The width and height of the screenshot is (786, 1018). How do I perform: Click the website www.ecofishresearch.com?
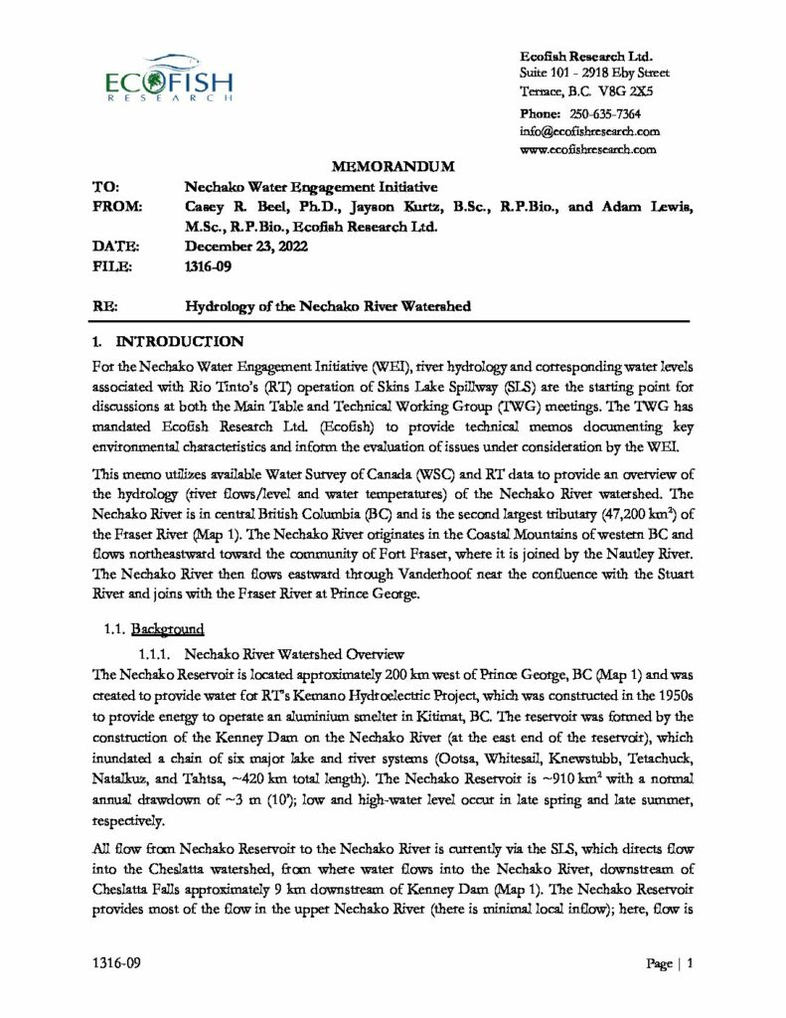(589, 149)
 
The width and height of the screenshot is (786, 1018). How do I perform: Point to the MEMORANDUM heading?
(393, 167)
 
